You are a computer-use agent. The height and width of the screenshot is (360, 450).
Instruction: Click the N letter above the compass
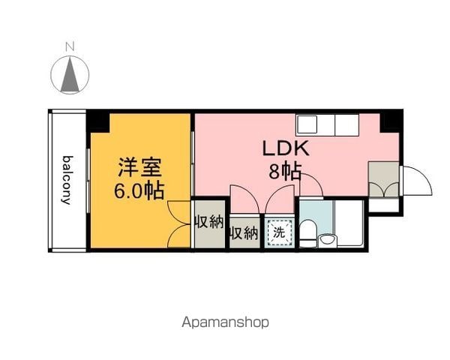70,46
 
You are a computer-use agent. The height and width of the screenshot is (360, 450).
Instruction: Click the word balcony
67,180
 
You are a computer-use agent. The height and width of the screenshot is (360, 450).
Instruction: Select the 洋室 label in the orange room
140,167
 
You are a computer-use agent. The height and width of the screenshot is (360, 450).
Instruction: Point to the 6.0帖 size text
139,190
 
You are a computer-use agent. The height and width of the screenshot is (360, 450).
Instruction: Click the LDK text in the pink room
286,148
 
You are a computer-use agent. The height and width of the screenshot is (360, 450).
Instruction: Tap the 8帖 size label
285,172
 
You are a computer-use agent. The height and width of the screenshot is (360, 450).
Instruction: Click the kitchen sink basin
307,125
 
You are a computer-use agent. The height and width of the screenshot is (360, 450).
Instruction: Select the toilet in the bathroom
307,232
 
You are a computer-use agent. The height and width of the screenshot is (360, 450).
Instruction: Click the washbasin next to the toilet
328,240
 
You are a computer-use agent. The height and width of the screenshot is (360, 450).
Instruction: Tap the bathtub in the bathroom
349,223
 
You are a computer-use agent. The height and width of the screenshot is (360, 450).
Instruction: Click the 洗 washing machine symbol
279,232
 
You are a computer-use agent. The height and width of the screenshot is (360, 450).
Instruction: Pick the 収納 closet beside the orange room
210,224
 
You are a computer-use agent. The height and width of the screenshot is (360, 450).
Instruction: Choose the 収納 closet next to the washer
244,233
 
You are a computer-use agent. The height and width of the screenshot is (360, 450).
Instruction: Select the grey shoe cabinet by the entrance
384,179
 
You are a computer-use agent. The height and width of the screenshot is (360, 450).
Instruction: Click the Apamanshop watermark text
225,322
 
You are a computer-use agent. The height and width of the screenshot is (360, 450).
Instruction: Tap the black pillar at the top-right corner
390,122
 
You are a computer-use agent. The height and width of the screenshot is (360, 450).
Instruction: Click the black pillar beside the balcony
98,122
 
